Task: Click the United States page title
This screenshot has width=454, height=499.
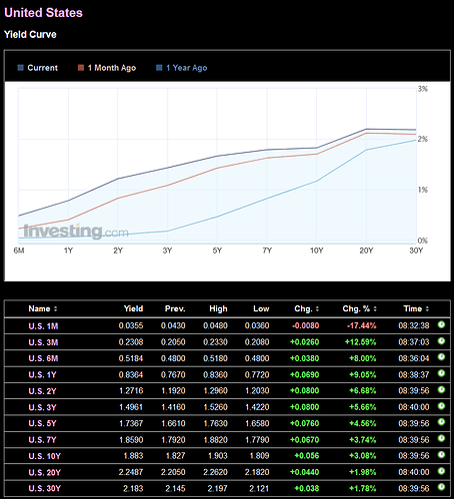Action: [43, 13]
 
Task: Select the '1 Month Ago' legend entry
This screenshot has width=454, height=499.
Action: [107, 68]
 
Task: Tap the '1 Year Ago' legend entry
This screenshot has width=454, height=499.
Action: [182, 68]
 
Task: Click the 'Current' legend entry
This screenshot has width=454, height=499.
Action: [38, 68]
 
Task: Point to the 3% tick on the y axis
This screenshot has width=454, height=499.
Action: [423, 89]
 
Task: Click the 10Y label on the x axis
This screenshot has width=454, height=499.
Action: [316, 250]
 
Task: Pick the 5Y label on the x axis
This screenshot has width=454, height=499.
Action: [217, 250]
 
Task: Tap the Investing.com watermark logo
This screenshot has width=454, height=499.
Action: [76, 231]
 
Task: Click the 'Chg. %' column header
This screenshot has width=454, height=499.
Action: [360, 308]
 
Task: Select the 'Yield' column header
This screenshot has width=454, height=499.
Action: [133, 308]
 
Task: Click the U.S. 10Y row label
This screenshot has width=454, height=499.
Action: [45, 456]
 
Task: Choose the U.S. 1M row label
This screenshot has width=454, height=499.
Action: [43, 326]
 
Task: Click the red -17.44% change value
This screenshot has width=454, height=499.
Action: [361, 325]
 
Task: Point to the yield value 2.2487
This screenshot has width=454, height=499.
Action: [131, 472]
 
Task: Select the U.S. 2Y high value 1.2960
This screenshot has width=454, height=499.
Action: [215, 390]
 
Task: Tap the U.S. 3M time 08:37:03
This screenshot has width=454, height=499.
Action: [414, 342]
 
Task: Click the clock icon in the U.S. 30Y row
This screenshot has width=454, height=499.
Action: [441, 487]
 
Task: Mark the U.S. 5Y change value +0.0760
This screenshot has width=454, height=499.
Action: [305, 423]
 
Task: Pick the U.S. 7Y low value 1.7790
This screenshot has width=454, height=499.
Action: [257, 440]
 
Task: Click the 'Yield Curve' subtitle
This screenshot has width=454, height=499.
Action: [30, 35]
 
